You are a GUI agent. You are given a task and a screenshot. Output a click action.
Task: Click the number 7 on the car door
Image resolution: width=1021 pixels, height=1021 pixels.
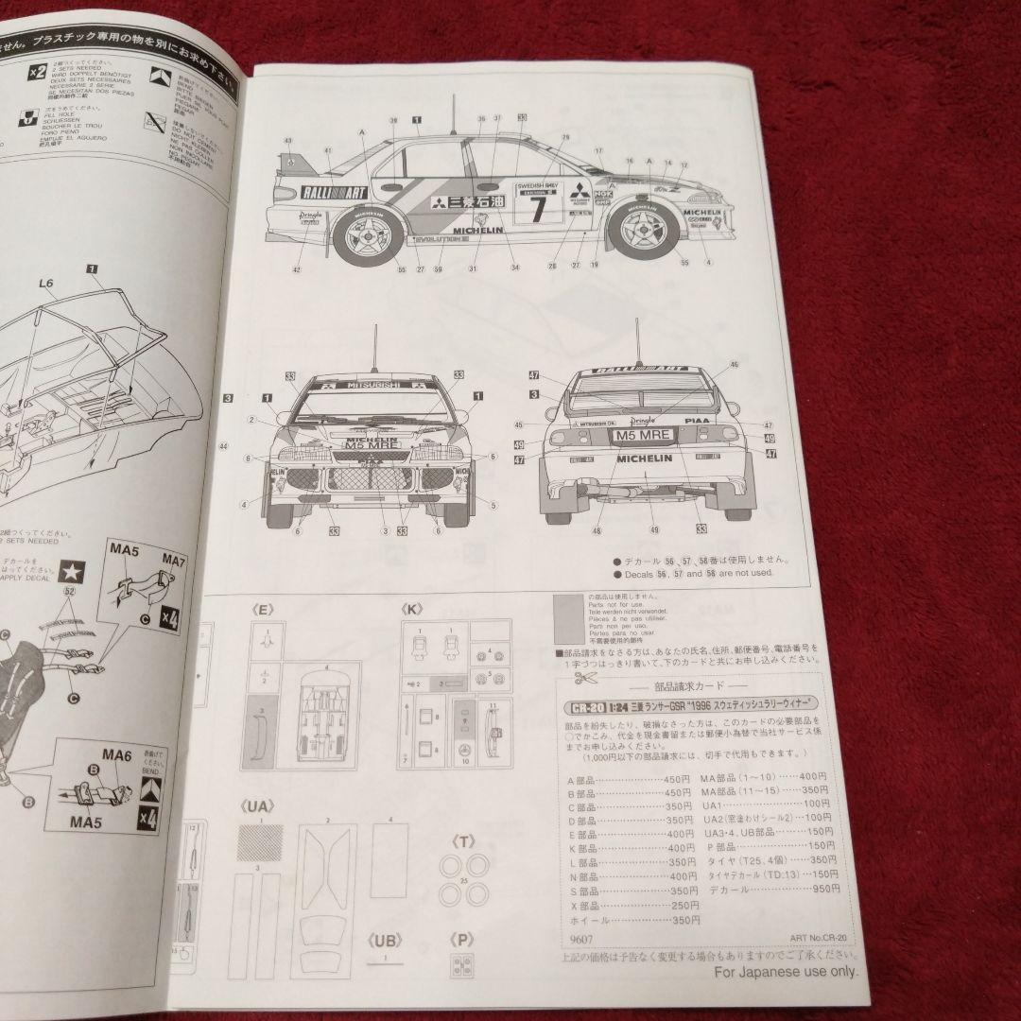[x=537, y=209]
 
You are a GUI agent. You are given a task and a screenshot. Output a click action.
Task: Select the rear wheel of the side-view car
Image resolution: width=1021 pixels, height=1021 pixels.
[x=367, y=236]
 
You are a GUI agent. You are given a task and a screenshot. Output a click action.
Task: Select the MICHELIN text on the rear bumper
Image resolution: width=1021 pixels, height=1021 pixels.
[x=645, y=458]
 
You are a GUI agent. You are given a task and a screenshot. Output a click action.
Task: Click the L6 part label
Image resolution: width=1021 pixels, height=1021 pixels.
[x=46, y=281]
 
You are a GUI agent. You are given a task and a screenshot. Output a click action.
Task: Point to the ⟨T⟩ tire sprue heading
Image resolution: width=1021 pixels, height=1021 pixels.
[x=464, y=839]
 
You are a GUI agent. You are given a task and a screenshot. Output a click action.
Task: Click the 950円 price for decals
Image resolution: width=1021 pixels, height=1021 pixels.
[x=814, y=888]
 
